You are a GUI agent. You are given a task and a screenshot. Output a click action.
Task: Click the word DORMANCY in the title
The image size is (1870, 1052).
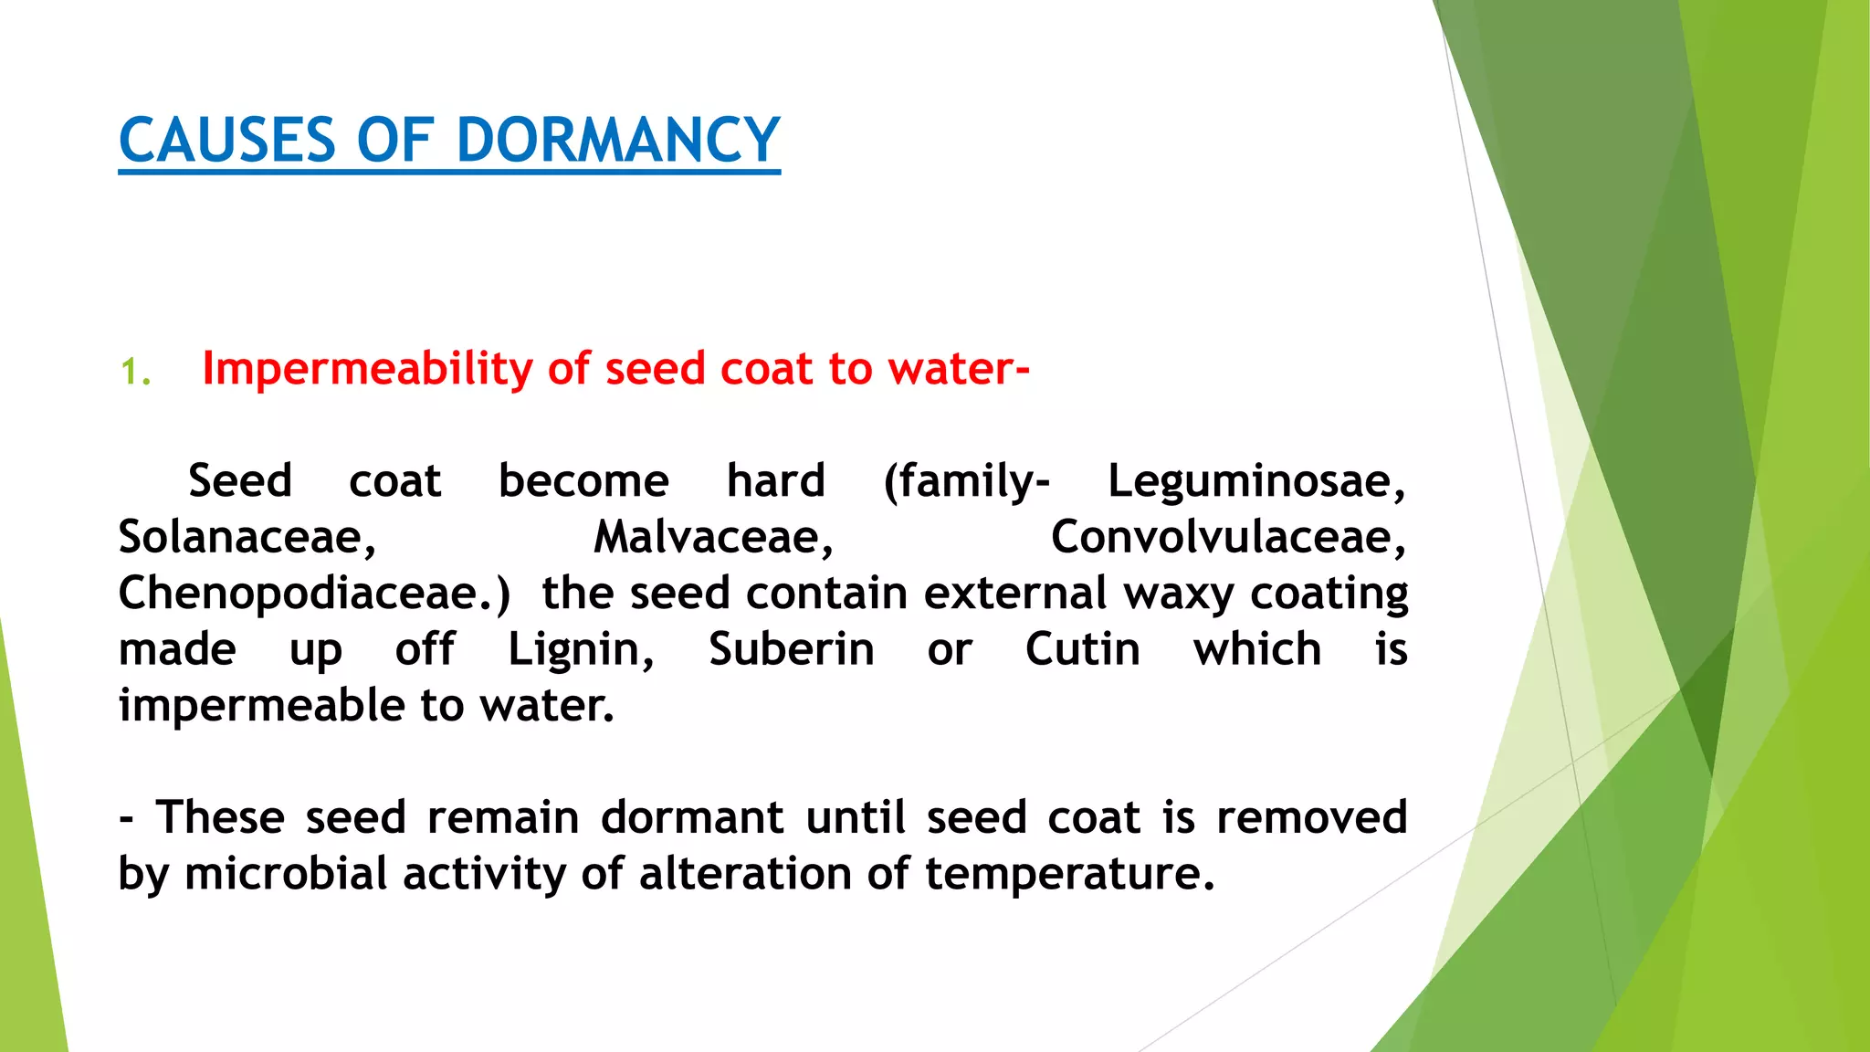point(617,141)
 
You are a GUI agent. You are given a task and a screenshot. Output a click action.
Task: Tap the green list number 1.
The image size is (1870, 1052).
point(134,373)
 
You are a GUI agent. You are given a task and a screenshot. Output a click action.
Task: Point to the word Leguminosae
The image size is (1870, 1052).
point(1255,481)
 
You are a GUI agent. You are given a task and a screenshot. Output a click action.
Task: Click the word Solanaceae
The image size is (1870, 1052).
point(247,537)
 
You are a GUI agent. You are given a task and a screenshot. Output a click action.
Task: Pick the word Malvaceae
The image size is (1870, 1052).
point(712,537)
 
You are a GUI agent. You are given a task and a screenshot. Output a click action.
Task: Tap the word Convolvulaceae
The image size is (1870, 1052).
point(1227,537)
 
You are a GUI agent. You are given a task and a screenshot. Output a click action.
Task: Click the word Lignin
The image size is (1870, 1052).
point(581,649)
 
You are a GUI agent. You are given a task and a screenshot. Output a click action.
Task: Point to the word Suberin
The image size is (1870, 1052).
point(792,649)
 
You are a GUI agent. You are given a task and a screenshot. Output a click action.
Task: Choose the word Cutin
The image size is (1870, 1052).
point(1082,649)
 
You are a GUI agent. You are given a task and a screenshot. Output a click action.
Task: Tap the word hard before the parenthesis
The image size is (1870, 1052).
point(775,481)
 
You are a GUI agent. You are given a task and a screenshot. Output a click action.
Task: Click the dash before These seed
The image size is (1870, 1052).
point(126,818)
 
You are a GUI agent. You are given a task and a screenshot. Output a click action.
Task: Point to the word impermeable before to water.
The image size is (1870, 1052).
point(261,706)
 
